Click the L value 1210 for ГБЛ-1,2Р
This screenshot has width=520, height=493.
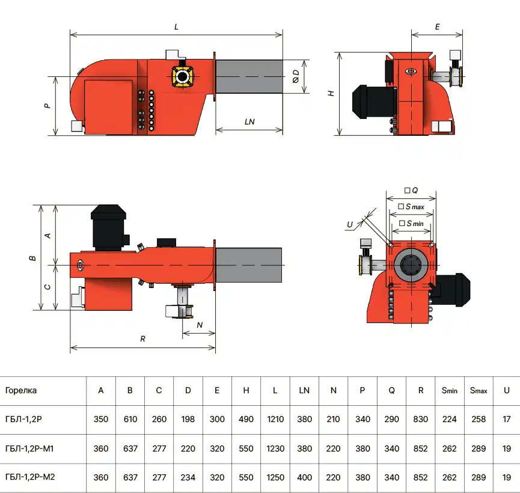[x=275, y=419]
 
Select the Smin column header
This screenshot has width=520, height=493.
[x=449, y=390]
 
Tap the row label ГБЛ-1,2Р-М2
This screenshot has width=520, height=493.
[x=30, y=477]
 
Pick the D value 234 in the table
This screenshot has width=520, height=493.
[x=188, y=477]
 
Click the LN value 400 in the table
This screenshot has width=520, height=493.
[x=304, y=477]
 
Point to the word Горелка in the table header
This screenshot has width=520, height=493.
[x=21, y=390]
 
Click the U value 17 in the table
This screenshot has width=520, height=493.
[x=506, y=419]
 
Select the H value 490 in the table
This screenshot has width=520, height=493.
[x=246, y=419]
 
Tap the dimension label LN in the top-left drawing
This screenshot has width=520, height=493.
[x=249, y=122]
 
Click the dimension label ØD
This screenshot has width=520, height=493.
[x=296, y=76]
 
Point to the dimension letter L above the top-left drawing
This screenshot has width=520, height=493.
[x=176, y=27]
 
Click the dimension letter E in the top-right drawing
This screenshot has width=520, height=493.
[x=438, y=27]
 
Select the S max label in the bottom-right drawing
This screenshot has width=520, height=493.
[x=411, y=207]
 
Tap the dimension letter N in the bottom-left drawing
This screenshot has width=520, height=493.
[x=200, y=325]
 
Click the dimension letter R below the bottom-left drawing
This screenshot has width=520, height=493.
[x=142, y=338]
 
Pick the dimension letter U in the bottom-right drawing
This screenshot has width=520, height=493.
[x=349, y=225]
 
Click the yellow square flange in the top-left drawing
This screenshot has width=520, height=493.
[x=182, y=76]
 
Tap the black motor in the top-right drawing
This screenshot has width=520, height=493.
[x=374, y=101]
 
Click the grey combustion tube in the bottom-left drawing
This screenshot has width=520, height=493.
[x=249, y=265]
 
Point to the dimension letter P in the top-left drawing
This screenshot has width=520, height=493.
[x=47, y=106]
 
